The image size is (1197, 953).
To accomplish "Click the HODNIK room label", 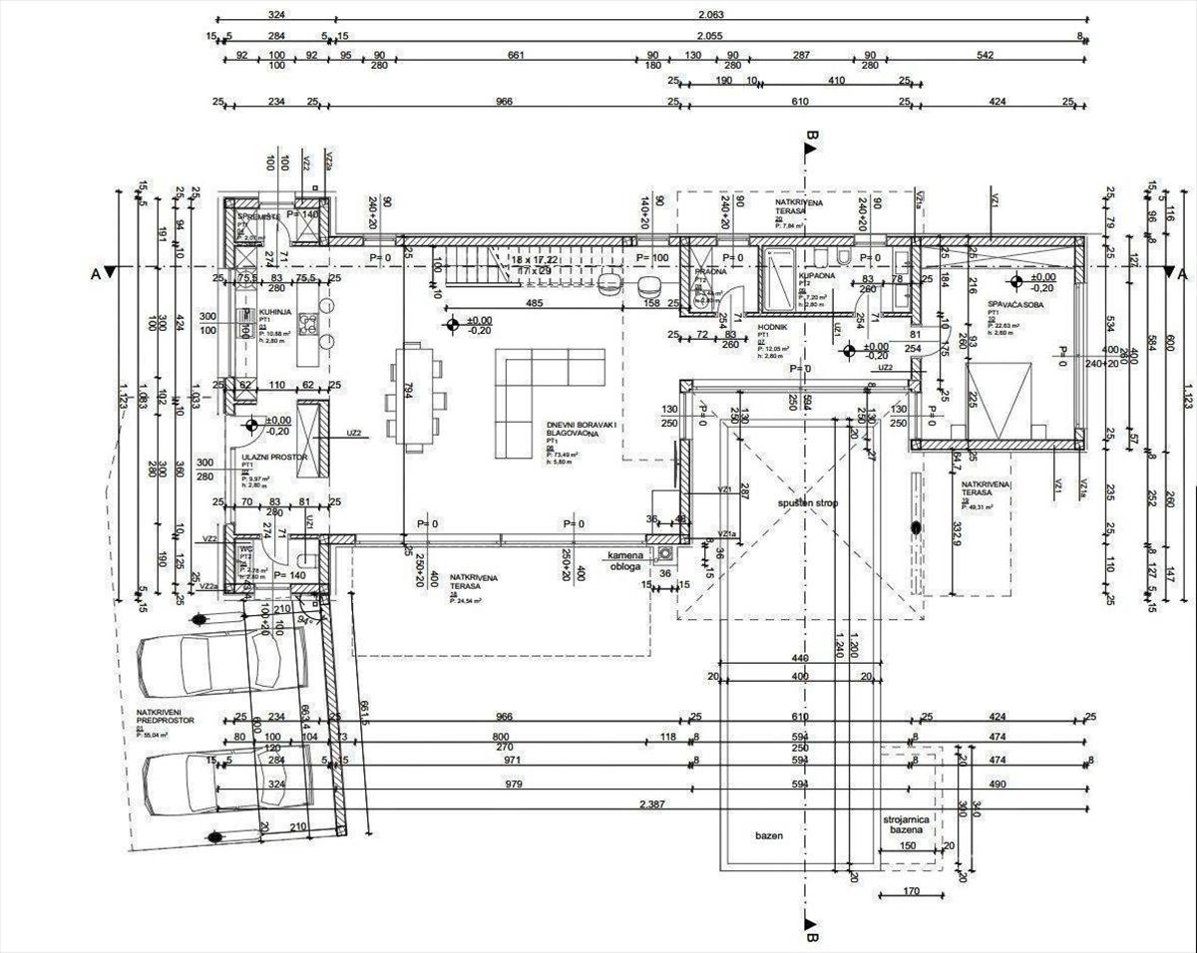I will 773,326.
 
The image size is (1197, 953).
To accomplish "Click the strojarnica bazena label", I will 907,824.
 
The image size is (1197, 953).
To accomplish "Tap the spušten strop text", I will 808,503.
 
